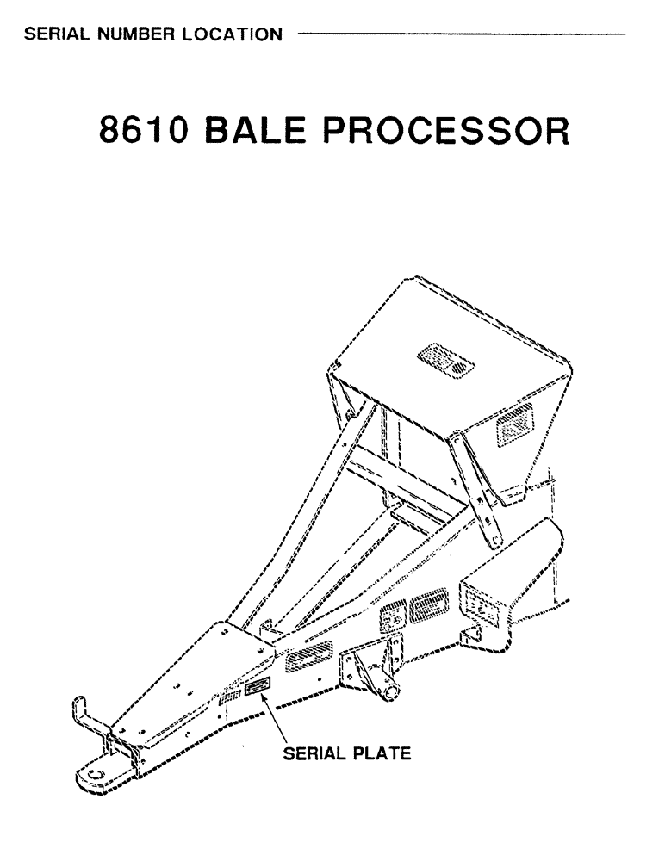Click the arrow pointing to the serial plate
[280, 720]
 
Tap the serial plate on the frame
[258, 686]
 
